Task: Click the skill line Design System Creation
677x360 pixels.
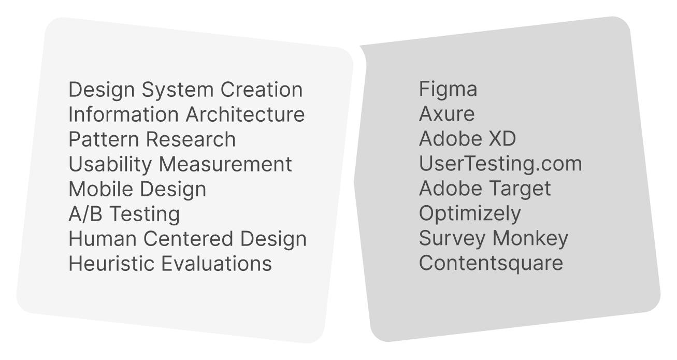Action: [x=185, y=90]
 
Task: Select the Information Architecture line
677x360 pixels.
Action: [x=186, y=114]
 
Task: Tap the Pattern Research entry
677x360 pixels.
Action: [x=152, y=139]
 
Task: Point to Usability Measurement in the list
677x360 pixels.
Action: [x=180, y=164]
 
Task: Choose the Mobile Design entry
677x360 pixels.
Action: [x=137, y=189]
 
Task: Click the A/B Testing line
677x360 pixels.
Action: [x=124, y=214]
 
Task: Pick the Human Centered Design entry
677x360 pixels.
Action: [x=188, y=239]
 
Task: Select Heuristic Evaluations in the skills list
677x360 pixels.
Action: [x=170, y=264]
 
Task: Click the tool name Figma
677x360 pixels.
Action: [x=448, y=90]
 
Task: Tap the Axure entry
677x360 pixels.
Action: [x=446, y=114]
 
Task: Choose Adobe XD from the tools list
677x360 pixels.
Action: [x=467, y=139]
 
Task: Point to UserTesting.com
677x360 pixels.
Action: [x=500, y=164]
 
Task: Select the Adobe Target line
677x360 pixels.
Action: [x=485, y=189]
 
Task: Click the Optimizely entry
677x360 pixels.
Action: [x=470, y=213]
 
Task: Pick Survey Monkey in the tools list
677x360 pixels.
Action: [x=494, y=238]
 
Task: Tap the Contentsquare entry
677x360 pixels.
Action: [x=491, y=263]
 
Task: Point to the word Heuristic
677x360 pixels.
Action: [x=112, y=264]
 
